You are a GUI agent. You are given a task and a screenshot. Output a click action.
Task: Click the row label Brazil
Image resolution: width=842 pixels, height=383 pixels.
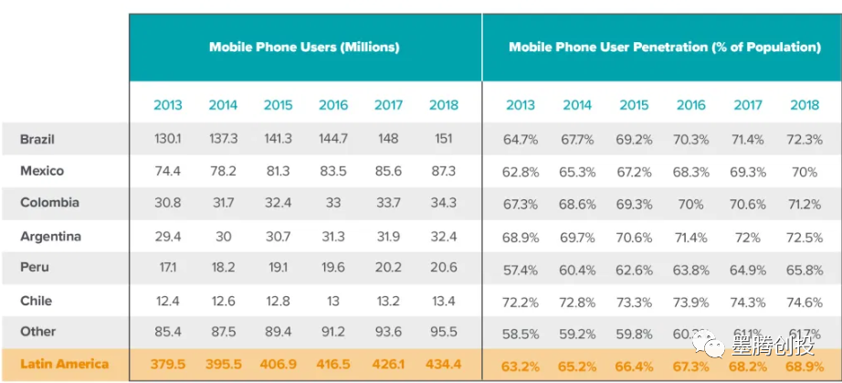37,139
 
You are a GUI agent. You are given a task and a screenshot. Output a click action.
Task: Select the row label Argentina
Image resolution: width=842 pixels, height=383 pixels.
50,236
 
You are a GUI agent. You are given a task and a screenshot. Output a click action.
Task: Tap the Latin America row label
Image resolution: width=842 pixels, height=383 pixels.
64,364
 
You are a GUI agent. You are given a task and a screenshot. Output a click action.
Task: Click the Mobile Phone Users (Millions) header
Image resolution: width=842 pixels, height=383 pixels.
304,47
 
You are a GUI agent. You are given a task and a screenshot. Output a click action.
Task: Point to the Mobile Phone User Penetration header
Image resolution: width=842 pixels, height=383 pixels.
664,47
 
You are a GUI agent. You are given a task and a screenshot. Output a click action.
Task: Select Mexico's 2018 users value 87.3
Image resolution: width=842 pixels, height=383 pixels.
443,171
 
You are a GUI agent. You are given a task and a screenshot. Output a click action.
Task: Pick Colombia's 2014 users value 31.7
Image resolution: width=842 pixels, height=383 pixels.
223,202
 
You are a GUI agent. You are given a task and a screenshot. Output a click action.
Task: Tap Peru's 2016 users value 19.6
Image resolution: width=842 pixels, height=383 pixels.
333,268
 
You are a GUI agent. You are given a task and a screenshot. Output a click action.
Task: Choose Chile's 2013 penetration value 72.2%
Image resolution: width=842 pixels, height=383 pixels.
521,301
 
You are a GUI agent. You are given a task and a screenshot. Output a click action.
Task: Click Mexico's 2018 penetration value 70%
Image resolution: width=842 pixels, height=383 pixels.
805,171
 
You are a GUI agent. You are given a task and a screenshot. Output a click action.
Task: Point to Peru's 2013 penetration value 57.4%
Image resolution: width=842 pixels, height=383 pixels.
521,268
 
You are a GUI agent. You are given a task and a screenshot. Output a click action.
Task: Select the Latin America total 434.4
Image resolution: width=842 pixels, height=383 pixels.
443,364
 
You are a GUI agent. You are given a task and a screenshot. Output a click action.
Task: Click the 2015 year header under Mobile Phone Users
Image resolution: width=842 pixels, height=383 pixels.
278,104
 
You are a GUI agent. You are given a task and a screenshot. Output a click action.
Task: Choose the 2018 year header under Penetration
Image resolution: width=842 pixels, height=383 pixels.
805,104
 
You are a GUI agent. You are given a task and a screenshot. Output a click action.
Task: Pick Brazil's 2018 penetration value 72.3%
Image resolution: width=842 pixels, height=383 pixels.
805,139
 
